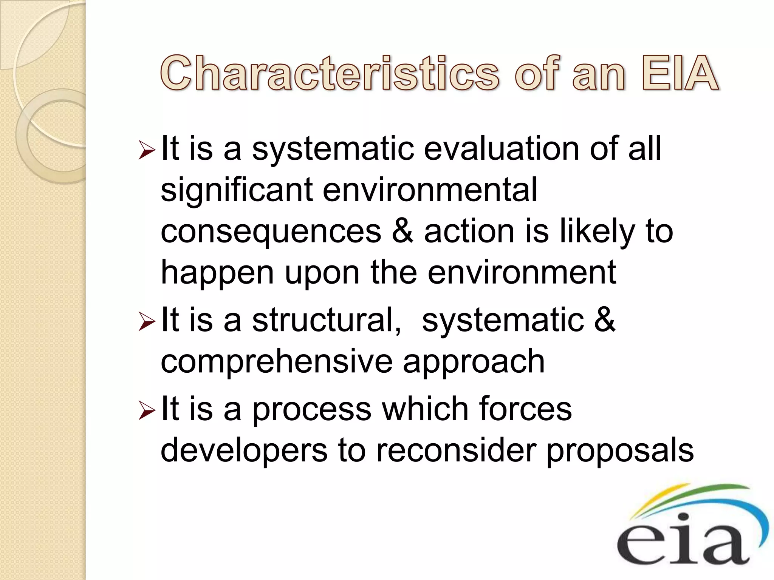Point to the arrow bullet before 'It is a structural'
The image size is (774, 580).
[147, 322]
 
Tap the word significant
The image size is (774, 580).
[237, 191]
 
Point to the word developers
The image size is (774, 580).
[244, 451]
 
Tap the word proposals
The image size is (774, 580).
[620, 452]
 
